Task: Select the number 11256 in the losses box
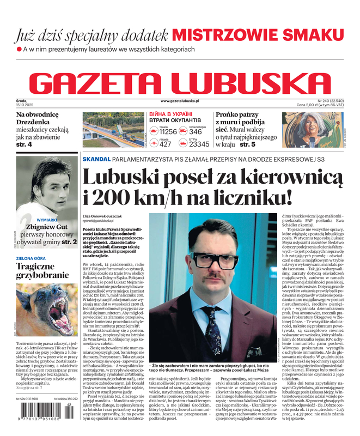[x=168, y=132]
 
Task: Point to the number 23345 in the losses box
[x=199, y=144]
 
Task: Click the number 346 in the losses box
[x=196, y=132]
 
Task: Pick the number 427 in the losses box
[x=166, y=144]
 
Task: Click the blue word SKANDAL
[x=96, y=159]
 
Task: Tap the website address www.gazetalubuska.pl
[x=180, y=101]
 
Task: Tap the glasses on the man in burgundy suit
[x=208, y=250]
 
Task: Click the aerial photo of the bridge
[x=112, y=130]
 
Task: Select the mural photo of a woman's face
[x=313, y=130]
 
